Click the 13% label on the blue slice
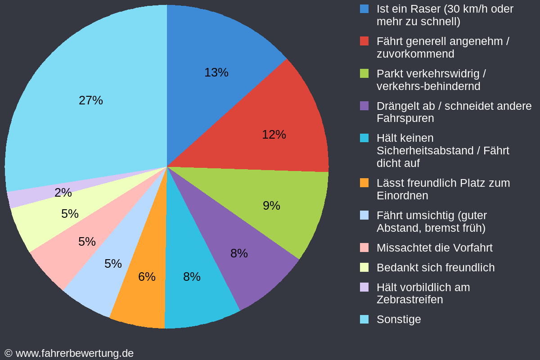[x=216, y=72]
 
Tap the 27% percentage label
[x=91, y=100]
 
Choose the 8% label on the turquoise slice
[x=192, y=277]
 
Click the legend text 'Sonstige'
[x=399, y=319]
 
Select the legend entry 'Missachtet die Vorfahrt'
[x=434, y=248]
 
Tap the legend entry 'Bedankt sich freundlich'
[x=435, y=268]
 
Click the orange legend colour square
[x=364, y=183]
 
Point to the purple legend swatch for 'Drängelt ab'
[x=364, y=106]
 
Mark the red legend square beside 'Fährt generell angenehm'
[x=364, y=41]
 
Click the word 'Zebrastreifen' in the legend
[x=409, y=300]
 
